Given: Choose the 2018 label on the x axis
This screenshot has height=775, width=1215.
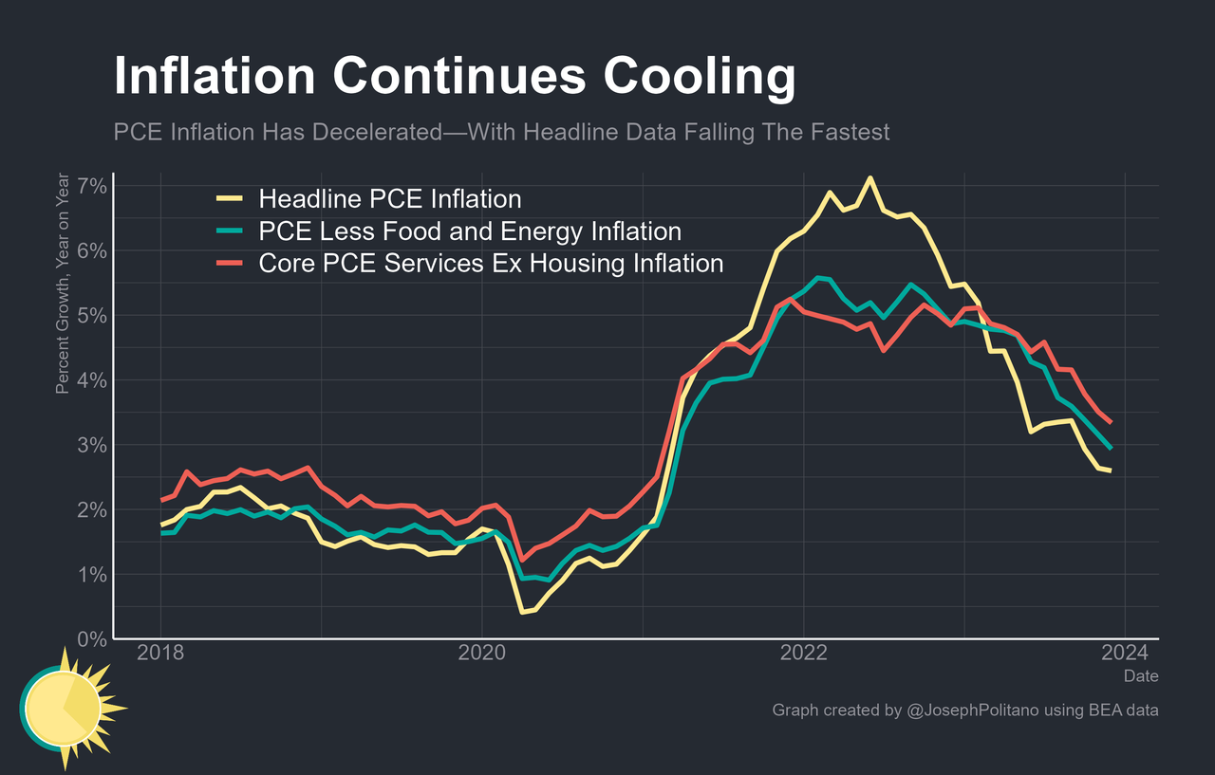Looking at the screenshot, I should click(x=159, y=655).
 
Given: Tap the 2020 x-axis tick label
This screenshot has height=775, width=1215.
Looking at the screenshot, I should click(x=481, y=655).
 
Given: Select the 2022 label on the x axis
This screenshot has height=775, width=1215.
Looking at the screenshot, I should click(x=804, y=655).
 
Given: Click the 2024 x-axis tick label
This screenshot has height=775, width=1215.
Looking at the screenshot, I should click(x=1125, y=655).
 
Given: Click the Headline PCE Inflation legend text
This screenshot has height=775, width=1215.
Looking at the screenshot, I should click(x=390, y=199).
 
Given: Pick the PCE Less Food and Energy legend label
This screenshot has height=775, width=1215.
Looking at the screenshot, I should click(x=470, y=231).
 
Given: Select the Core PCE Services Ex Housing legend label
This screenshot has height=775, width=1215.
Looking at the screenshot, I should click(x=491, y=263).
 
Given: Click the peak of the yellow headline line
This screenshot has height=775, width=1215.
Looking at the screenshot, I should click(x=869, y=177).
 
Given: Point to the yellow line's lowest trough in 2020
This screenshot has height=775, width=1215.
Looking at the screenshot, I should click(x=522, y=612).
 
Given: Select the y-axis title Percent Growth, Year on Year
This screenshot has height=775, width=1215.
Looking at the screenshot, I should click(x=63, y=283).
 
